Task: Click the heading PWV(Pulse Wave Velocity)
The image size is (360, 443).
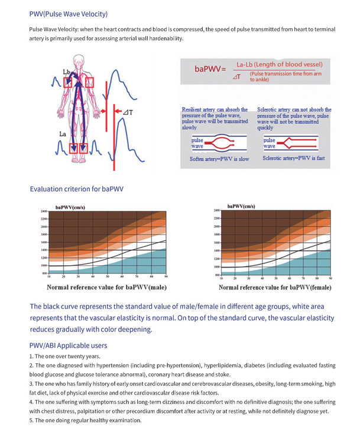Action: coord(68,14)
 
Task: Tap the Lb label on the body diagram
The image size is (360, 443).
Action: coord(66,72)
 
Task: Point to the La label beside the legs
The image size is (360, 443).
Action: coord(62,135)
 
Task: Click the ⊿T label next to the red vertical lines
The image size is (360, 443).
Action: coord(128,112)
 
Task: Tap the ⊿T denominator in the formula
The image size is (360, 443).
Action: coord(236,77)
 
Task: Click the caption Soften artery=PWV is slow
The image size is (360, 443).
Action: coord(218,159)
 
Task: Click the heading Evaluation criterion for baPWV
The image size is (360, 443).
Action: coord(76,190)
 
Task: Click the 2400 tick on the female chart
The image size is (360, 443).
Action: coord(216,210)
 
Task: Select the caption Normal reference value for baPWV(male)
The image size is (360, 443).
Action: coord(106,288)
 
